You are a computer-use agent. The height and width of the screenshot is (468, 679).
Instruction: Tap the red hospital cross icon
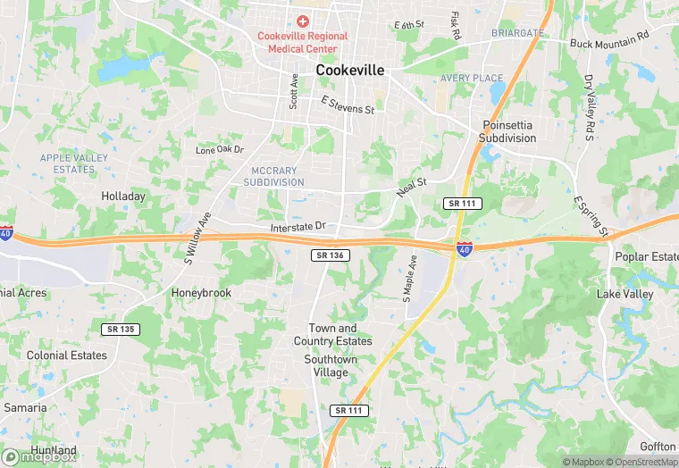pyautogui.click(x=302, y=21)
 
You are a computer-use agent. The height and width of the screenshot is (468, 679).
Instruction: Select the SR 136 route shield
pyautogui.click(x=331, y=255)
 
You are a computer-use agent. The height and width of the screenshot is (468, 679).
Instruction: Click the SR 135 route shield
pyautogui.click(x=120, y=330)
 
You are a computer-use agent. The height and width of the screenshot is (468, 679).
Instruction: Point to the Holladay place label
pyautogui.click(x=123, y=196)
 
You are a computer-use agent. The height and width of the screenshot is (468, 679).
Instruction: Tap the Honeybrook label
pyautogui.click(x=201, y=293)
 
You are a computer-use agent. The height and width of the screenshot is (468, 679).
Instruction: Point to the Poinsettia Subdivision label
pyautogui.click(x=508, y=132)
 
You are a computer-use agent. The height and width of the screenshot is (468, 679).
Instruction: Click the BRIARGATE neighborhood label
pyautogui.click(x=517, y=33)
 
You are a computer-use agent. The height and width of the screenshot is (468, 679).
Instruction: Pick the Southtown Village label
pyautogui.click(x=331, y=365)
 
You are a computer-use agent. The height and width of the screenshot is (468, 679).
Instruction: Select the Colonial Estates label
pyautogui.click(x=67, y=355)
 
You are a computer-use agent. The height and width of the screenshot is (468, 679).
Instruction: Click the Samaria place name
pyautogui.click(x=25, y=407)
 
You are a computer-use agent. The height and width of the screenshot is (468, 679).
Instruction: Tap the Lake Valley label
pyautogui.click(x=625, y=294)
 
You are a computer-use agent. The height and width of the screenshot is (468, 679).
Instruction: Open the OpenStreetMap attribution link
pyautogui.click(x=641, y=462)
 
